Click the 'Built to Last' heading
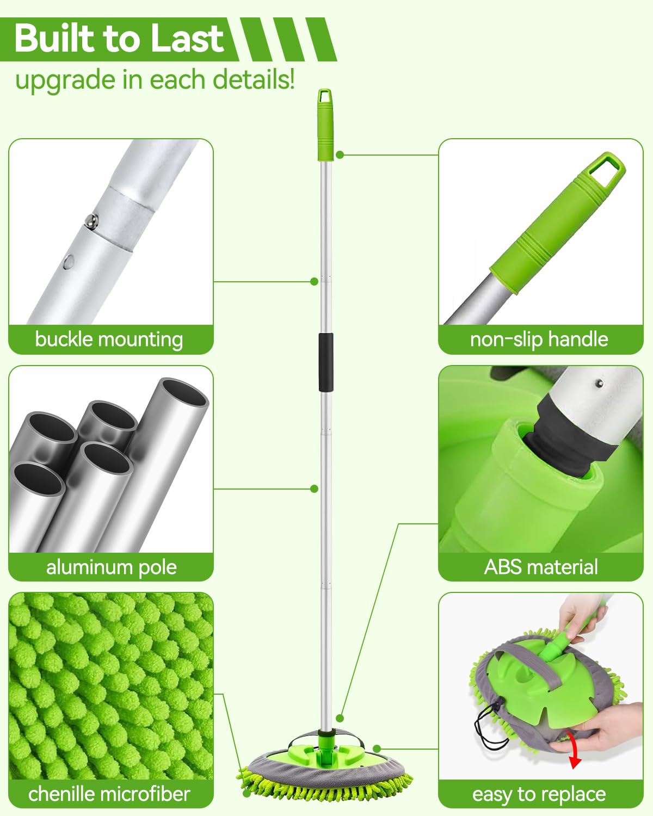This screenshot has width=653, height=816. tap(119, 38)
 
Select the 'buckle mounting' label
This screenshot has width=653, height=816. tap(109, 339)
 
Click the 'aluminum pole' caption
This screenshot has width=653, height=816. tap(111, 567)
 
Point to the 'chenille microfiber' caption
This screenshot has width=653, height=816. tap(109, 794)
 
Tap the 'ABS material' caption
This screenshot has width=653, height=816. tap(541, 567)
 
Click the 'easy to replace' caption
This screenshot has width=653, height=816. tap(539, 794)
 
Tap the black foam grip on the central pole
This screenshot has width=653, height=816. tap(325, 362)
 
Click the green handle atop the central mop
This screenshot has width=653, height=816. tap(325, 125)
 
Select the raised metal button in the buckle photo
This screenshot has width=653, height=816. tap(91, 220)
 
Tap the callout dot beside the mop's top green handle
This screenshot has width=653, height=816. tap(340, 154)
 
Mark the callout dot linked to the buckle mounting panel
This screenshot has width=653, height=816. tap(314, 281)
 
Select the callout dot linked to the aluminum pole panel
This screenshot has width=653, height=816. tap(314, 489)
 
